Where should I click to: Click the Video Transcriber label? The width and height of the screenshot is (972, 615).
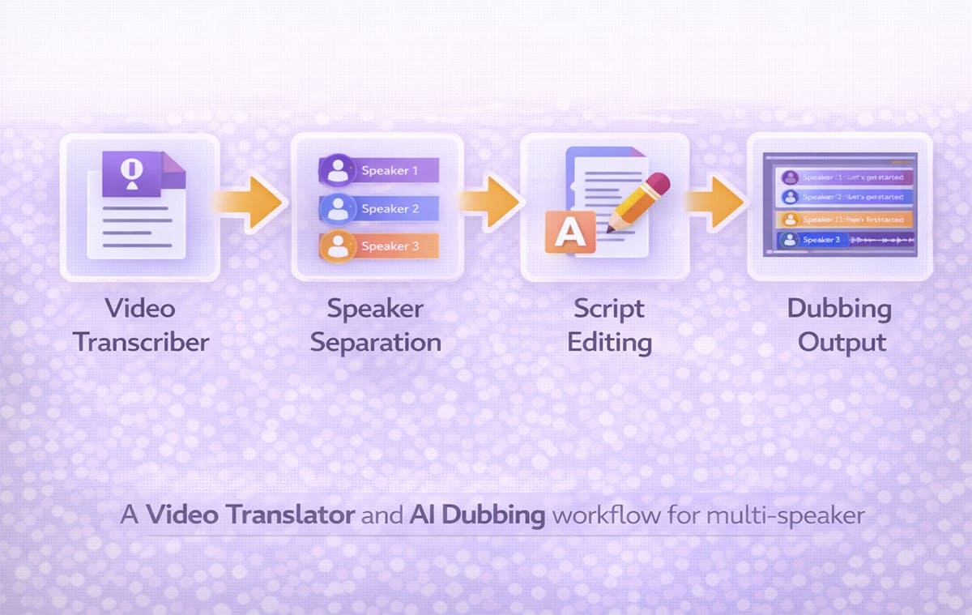click(140, 324)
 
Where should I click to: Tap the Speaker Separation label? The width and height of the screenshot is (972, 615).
click(375, 324)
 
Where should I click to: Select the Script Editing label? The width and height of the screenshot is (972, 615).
click(609, 324)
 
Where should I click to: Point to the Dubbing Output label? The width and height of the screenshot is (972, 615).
click(839, 324)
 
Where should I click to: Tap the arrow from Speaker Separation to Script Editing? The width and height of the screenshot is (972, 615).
click(489, 199)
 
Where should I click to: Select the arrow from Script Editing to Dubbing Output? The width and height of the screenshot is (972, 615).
click(716, 199)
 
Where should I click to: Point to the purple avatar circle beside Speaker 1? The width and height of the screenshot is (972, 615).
click(335, 171)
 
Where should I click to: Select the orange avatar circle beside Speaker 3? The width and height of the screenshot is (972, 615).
click(335, 246)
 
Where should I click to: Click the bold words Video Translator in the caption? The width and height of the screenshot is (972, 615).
click(250, 515)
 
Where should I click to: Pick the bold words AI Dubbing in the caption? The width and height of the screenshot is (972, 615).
click(476, 515)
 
